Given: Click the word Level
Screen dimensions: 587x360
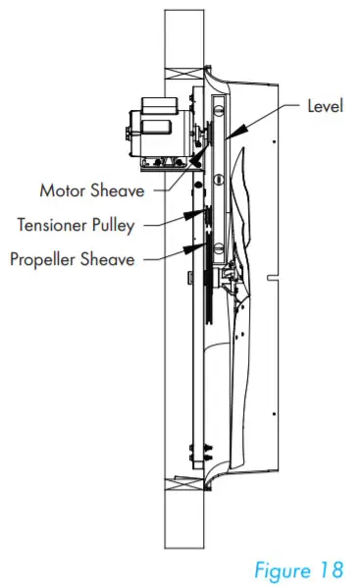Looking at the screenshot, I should pos(325,105).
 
